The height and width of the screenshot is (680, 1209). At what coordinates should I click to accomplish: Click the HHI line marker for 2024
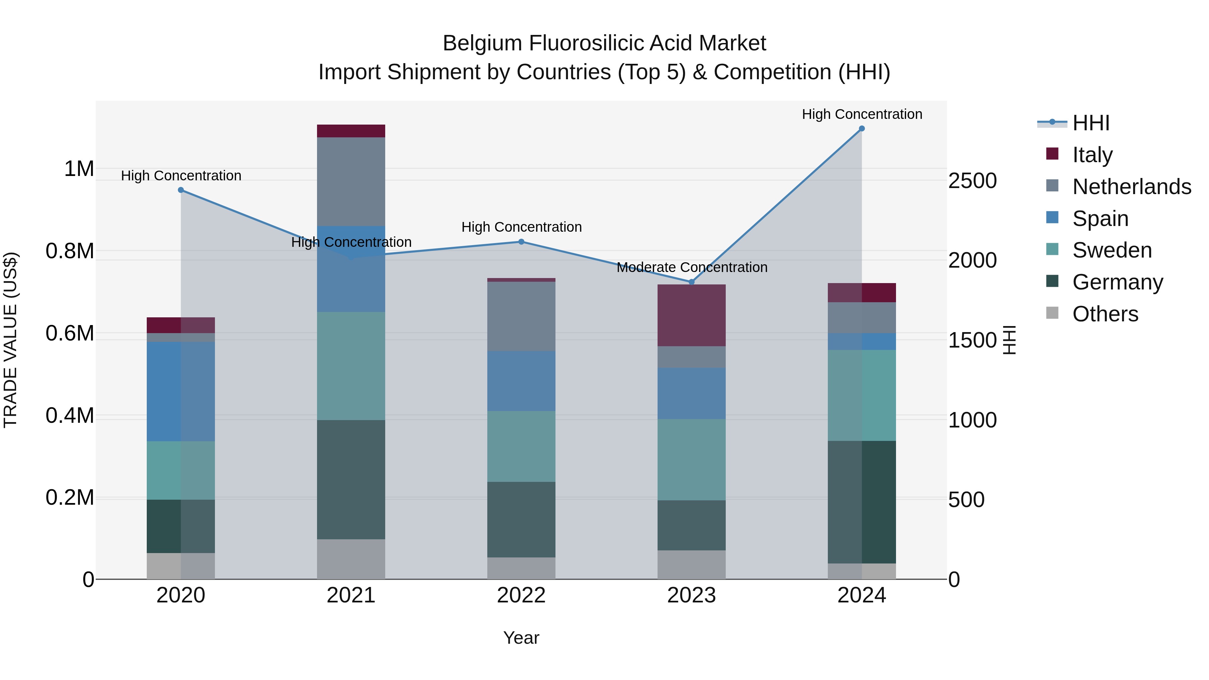[862, 129]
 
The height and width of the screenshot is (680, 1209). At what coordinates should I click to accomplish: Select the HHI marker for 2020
[181, 190]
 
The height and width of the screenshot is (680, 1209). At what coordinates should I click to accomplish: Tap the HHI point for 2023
[691, 282]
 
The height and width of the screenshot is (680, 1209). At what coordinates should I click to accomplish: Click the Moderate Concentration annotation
[692, 268]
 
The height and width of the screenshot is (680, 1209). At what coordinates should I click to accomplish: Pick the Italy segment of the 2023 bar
[691, 315]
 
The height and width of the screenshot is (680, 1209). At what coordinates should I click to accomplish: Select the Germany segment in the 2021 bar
[351, 479]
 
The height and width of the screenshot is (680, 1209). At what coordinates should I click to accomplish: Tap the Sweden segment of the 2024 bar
[862, 395]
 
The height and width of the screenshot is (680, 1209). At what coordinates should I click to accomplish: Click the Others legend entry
[1105, 314]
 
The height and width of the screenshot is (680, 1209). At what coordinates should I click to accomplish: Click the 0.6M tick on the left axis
[70, 334]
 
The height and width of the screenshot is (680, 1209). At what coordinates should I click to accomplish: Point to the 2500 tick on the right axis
[972, 181]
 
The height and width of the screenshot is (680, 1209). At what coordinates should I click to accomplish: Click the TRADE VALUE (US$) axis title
[11, 340]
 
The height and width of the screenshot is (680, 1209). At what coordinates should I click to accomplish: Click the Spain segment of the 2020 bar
[181, 392]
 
